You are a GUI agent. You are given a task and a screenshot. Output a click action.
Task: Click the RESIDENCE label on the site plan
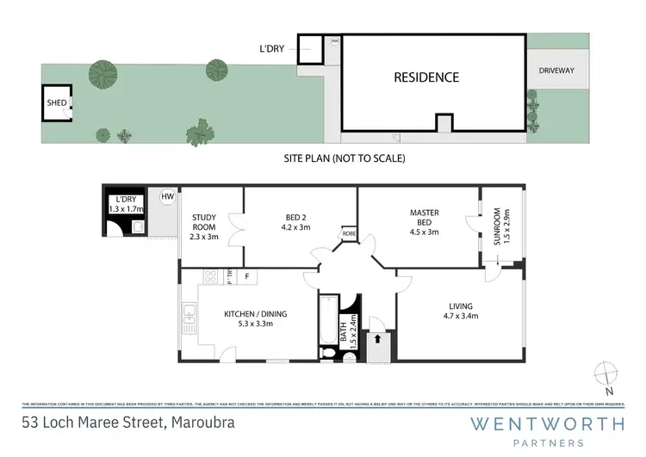click(x=426, y=77)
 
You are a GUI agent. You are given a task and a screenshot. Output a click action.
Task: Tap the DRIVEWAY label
click(x=556, y=70)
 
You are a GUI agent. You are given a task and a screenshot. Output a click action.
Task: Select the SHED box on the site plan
click(x=57, y=102)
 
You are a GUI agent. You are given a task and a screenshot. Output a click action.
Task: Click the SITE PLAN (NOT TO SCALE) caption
click(x=345, y=158)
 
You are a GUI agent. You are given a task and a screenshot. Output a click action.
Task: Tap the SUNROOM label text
click(x=497, y=226)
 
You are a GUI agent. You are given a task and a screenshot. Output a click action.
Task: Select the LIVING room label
click(x=460, y=311)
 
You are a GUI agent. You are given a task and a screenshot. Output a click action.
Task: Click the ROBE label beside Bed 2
click(x=348, y=233)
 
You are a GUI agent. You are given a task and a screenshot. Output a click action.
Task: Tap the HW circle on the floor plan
click(x=166, y=196)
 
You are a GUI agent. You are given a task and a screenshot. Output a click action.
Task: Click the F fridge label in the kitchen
click(x=246, y=276)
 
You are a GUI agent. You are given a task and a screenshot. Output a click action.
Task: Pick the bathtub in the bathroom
click(x=328, y=321)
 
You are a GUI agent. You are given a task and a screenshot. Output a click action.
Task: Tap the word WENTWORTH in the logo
click(x=547, y=423)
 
